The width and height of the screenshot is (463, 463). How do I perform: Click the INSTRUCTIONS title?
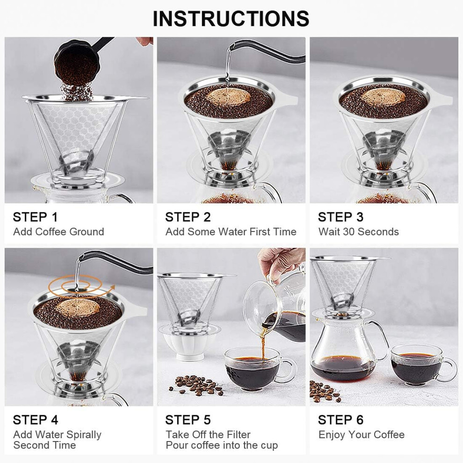pos(231,19)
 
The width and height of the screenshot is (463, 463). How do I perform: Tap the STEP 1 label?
pos(35,217)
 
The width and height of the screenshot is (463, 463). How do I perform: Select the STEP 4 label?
pos(36,420)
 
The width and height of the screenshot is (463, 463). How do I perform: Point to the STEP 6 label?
pos(340,420)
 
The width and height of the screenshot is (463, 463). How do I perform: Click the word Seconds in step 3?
pos(378,232)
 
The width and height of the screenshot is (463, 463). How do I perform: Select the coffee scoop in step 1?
pos(77,59)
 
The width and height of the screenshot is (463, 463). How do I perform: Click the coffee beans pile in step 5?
pos(196,385)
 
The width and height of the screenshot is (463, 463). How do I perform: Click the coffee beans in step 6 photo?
pos(326,391)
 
